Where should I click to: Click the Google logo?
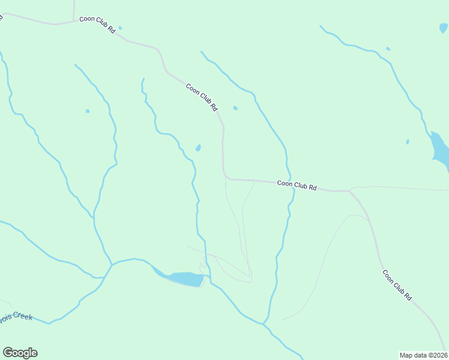[20, 353]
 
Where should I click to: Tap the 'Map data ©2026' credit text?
[423, 355]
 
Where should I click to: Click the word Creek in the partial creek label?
[20, 316]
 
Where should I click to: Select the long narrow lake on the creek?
[183, 279]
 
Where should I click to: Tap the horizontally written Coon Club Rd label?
[297, 185]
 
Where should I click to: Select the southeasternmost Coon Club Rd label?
[397, 285]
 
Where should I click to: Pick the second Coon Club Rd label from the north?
[201, 97]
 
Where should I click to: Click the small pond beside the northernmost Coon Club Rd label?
[120, 28]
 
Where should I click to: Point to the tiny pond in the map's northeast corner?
[443, 28]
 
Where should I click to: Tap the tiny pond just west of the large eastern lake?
[407, 142]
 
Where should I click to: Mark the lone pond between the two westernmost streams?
[88, 111]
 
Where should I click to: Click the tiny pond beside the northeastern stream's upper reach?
[388, 49]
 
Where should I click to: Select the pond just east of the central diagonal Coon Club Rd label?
[235, 108]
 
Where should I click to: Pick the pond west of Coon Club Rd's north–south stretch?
[198, 148]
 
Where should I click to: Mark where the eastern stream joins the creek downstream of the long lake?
[263, 325]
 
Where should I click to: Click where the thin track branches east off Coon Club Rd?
[351, 190]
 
